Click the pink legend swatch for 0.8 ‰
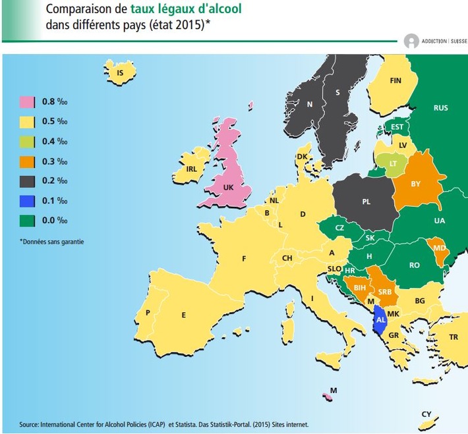tap(27, 102)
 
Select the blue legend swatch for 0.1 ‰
tap(27, 200)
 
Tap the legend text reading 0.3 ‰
tap(55, 161)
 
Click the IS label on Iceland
tap(120, 73)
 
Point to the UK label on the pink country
tap(229, 187)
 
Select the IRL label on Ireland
tap(192, 169)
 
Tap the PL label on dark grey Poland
tap(366, 202)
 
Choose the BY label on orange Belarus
tap(415, 184)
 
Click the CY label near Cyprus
tap(426, 414)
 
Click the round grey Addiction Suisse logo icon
tap(412, 41)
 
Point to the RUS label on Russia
tap(440, 107)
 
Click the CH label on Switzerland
tap(287, 258)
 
